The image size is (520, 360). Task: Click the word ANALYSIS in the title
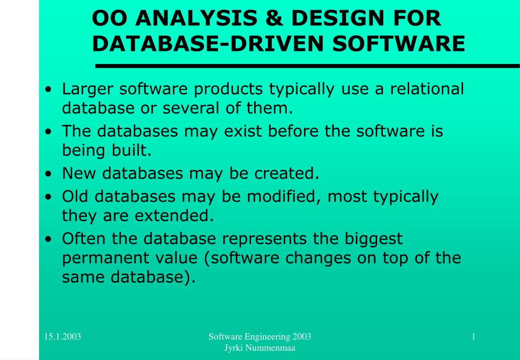196,18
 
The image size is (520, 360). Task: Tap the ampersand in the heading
274,18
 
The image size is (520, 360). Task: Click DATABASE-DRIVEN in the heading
207,43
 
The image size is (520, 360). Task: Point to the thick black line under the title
308,66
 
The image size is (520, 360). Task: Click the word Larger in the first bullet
87,89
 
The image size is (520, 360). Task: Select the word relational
427,88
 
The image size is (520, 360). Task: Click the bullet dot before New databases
49,173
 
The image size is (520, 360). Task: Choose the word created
287,173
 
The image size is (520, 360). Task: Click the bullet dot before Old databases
49,197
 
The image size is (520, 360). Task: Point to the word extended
174,216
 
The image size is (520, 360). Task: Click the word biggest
374,239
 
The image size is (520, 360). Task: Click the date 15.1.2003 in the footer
63,337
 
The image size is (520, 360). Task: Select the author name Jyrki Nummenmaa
260,348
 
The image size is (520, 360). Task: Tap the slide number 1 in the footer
473,337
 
